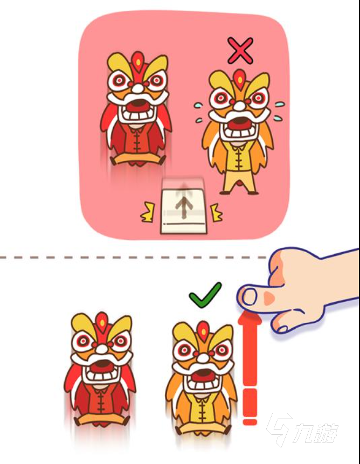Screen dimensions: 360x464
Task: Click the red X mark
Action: pyautogui.click(x=240, y=50)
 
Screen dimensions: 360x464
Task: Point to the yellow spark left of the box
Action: pyautogui.click(x=148, y=212)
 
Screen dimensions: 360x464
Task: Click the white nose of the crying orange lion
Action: pyautogui.click(x=240, y=105)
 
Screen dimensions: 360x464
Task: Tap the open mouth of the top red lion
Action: pyautogui.click(x=138, y=107)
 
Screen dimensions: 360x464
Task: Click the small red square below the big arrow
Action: pyautogui.click(x=250, y=421)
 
